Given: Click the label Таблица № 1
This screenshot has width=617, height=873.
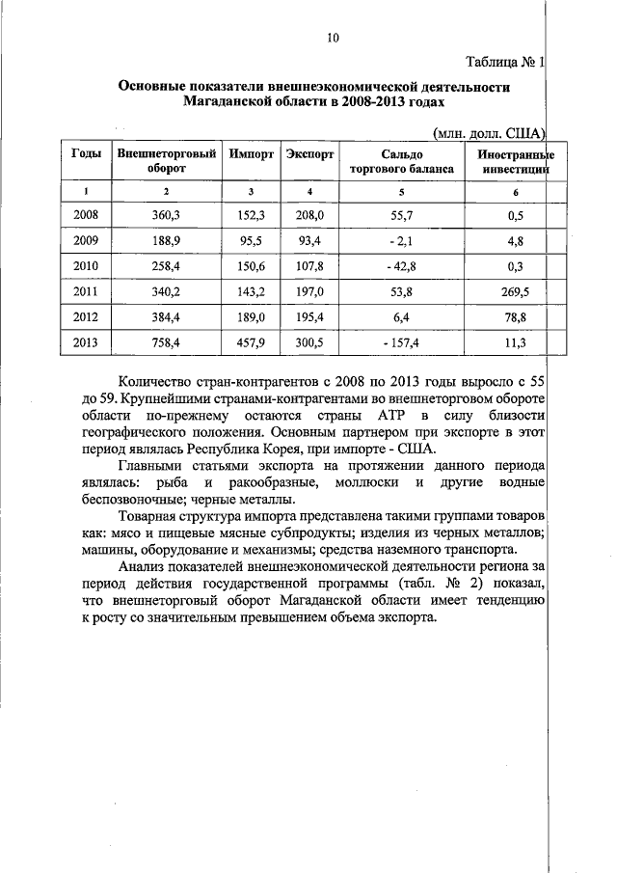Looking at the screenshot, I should coord(505,63).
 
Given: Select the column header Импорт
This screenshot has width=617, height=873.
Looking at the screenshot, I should coord(252,153).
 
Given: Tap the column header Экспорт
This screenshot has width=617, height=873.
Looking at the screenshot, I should coord(310,153).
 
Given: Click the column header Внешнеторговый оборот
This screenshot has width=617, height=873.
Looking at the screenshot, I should coord(166,160).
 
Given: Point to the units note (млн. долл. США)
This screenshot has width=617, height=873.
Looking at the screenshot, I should coord(490,131).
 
